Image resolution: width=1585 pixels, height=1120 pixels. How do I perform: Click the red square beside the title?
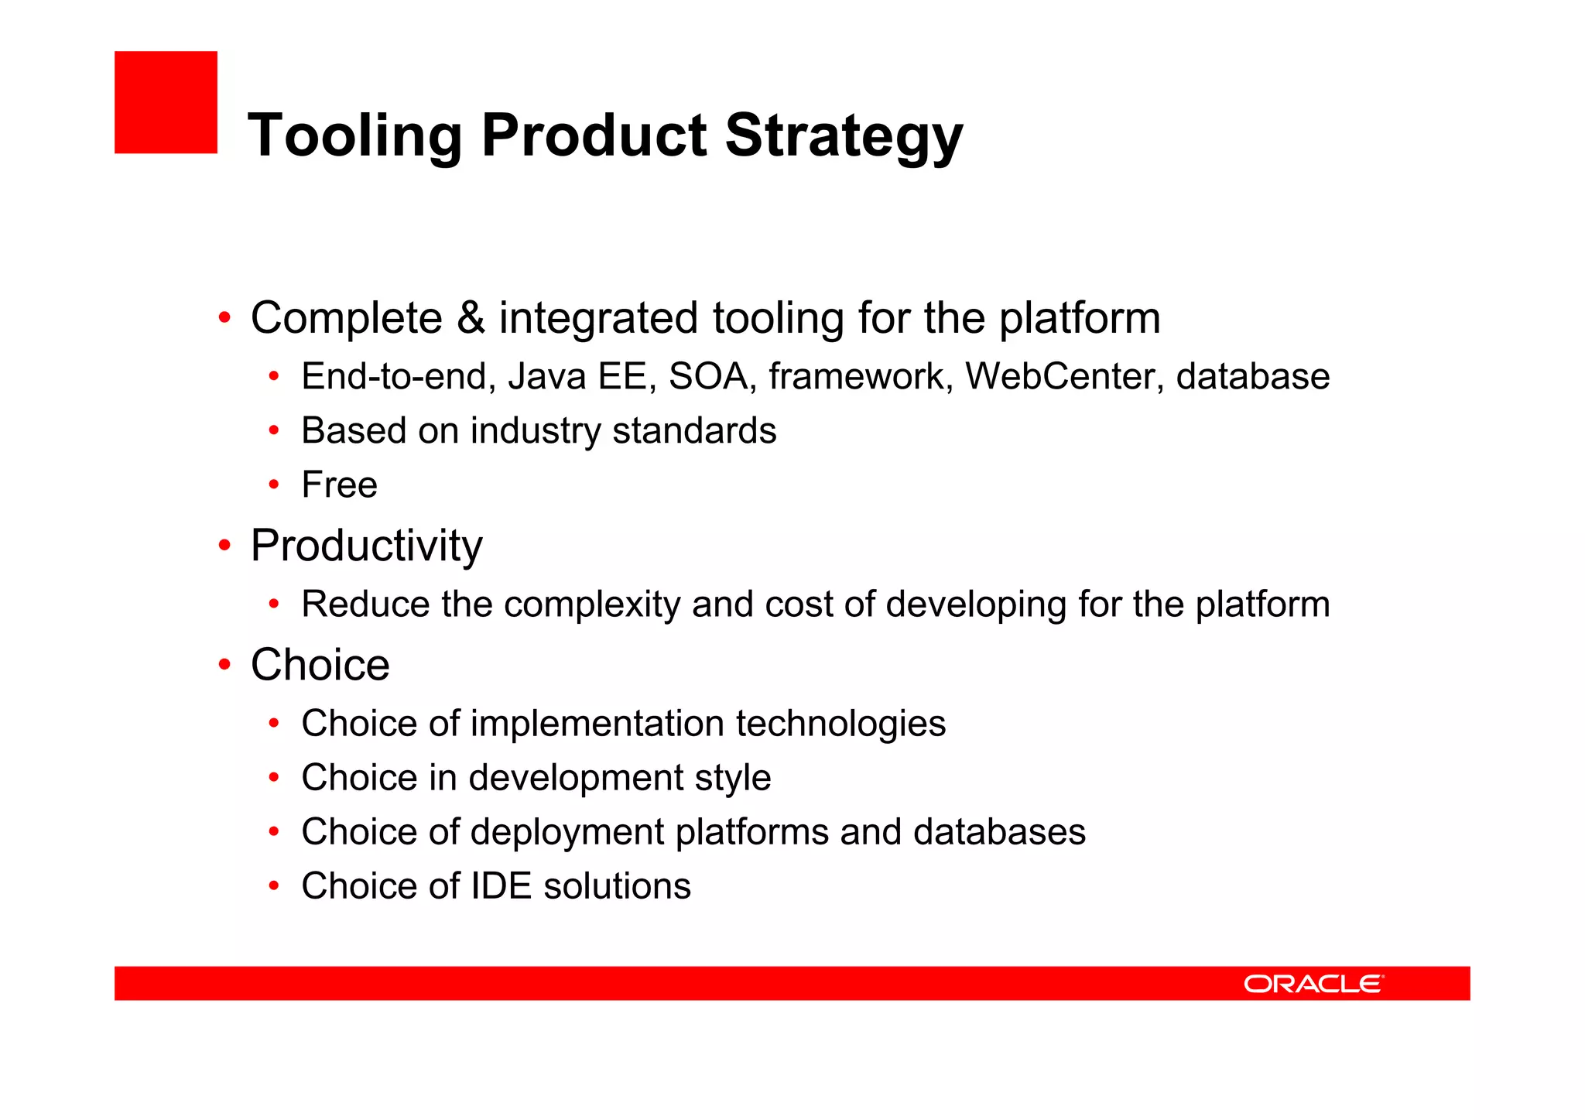coord(166,102)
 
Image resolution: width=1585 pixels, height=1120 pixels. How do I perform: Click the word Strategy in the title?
coord(844,136)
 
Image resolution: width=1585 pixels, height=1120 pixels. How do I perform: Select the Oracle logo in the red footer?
coord(1313,984)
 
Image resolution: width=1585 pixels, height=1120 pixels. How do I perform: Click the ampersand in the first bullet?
coord(471,318)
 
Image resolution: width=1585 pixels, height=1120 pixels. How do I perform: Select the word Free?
coord(339,485)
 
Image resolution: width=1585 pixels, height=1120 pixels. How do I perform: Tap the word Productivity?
coord(366,546)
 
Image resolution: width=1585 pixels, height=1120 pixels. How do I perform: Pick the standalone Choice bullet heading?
coord(320,665)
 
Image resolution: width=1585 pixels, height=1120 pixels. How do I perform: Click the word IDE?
coord(501,886)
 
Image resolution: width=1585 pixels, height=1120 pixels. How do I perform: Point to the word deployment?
coord(567,833)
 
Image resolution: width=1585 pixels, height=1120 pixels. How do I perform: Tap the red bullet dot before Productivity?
coord(224,546)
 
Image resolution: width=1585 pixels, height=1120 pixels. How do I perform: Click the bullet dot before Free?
coord(273,485)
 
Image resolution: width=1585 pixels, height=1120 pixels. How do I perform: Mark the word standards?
coord(693,431)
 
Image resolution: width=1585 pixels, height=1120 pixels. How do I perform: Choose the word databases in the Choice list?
coord(999,832)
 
